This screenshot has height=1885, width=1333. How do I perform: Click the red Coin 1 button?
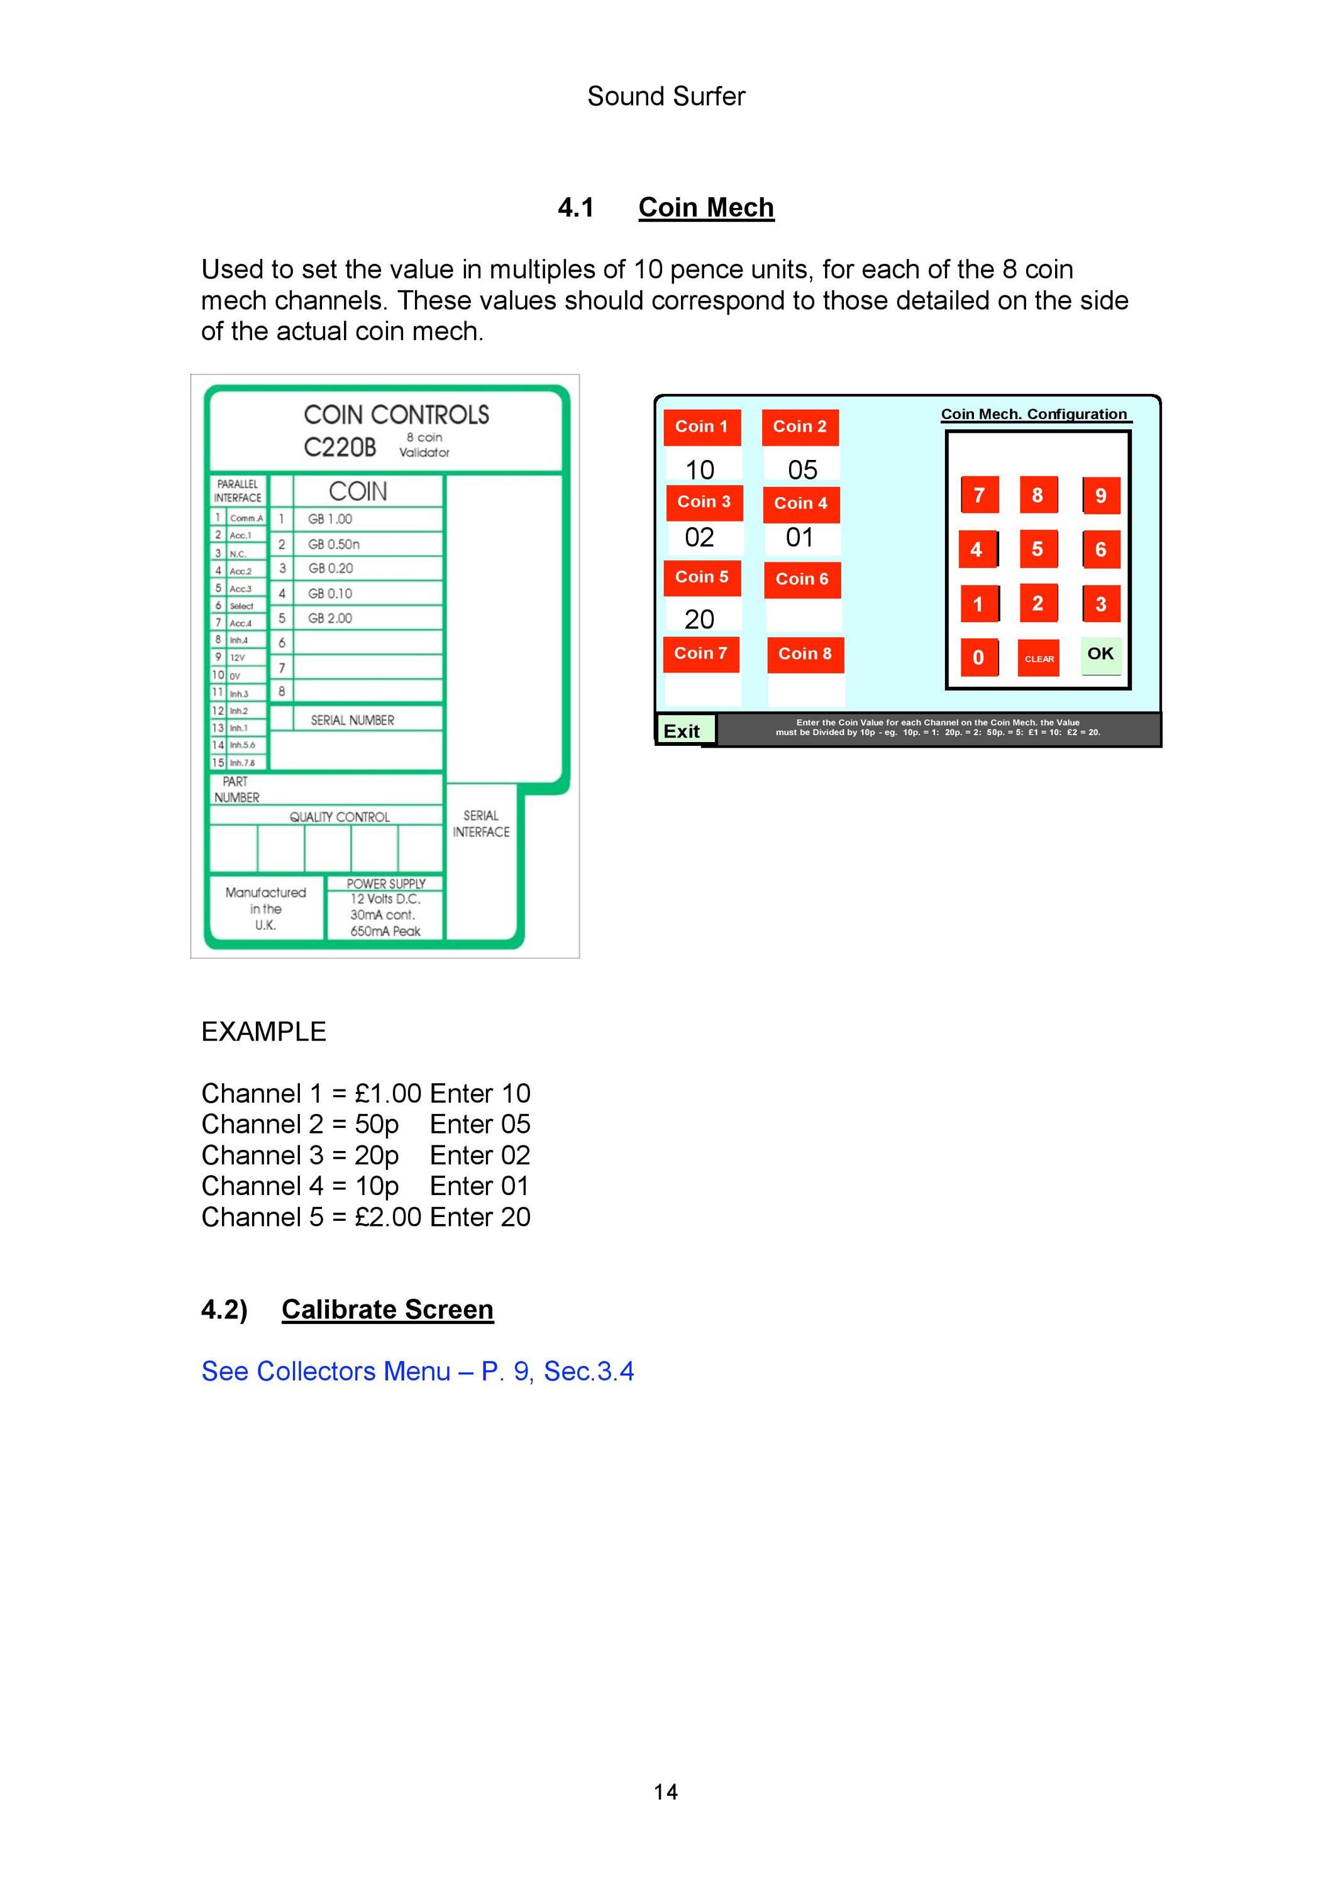point(702,427)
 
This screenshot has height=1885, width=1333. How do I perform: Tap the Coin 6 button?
point(802,579)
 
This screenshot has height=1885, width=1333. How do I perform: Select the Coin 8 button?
point(805,654)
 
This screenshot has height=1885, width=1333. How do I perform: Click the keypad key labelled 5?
point(1038,549)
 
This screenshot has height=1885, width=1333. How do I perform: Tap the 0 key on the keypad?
point(979,658)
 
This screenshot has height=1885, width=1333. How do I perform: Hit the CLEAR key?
point(1039,658)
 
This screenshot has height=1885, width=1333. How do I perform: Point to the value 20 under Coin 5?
point(700,619)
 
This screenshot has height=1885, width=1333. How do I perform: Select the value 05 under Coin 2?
point(802,469)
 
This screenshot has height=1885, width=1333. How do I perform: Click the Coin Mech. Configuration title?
point(1034,414)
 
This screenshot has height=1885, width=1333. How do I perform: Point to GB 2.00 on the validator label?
point(330,618)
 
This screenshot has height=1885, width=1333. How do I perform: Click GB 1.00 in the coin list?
point(330,519)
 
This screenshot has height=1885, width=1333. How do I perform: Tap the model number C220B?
point(340,447)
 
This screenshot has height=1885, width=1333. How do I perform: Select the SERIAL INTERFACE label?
point(481,824)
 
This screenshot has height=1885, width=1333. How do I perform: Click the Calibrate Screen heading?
point(388,1309)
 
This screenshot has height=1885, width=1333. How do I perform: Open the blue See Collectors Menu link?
point(418,1372)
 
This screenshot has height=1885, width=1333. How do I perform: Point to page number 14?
point(666,1791)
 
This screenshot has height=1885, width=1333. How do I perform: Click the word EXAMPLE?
point(263,1031)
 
